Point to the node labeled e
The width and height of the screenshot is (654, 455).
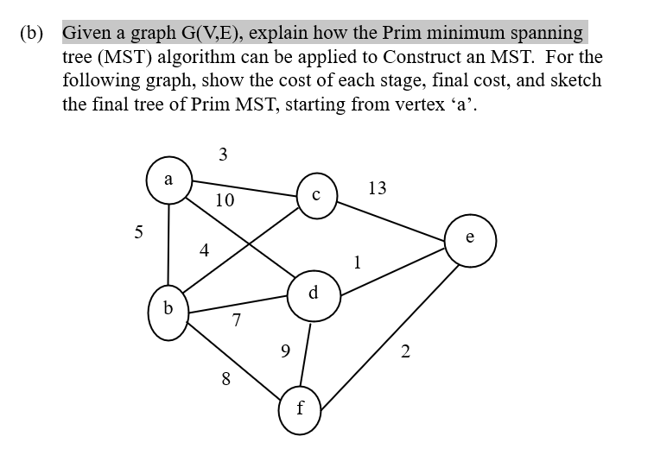point(471,239)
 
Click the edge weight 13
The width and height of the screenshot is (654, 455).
point(378,188)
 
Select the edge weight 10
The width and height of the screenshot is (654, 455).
point(225,201)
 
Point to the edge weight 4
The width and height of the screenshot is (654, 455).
point(205,251)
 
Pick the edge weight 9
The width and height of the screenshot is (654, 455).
point(285,351)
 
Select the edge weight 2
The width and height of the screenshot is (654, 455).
point(406,351)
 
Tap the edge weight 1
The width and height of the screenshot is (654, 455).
point(357,262)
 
